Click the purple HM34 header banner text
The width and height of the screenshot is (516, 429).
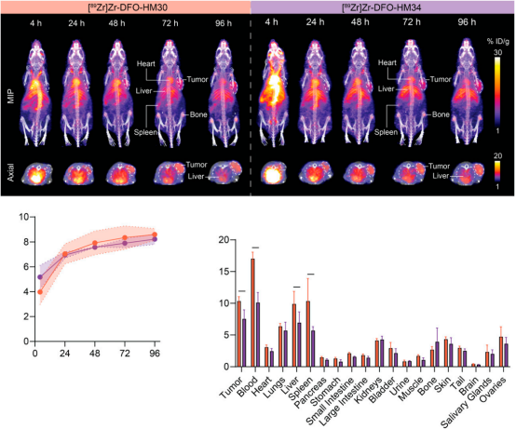pos(381,7)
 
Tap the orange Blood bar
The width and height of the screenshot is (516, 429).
pos(252,313)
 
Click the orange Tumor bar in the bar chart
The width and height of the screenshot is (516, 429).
pos(239,334)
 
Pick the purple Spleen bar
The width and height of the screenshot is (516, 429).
pos(313,349)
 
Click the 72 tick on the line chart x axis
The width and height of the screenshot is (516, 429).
pos(125,354)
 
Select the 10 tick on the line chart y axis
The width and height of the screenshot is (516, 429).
pos(24,217)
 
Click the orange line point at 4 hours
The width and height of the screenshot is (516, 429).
pos(40,292)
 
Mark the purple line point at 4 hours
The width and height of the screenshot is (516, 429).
pos(40,277)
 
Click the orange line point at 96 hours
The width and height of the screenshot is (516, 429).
pos(155,235)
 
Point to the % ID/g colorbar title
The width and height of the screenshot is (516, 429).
pos(498,42)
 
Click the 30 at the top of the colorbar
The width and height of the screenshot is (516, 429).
pos(498,53)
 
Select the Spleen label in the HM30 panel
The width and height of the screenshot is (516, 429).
pos(145,132)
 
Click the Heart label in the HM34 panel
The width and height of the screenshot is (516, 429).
pos(387,62)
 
